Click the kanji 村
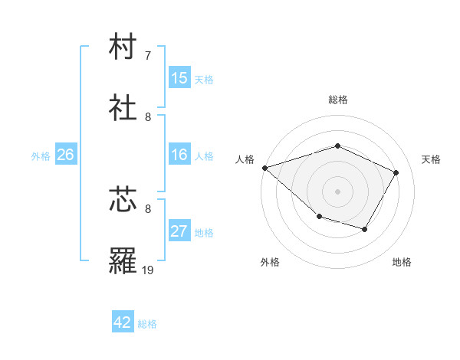[123, 47]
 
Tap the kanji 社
[123, 108]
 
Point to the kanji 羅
[123, 260]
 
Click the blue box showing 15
[179, 78]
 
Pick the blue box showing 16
[179, 155]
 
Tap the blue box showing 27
[179, 231]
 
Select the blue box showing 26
[65, 155]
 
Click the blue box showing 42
[123, 322]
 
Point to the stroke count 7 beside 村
[148, 56]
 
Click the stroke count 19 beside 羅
[148, 270]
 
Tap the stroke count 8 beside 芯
[148, 208]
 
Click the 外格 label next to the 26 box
[41, 155]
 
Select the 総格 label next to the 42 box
[147, 323]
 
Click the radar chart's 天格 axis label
[432, 159]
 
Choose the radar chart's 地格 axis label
[402, 262]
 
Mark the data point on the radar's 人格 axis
[264, 168]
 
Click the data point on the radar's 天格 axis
[396, 172]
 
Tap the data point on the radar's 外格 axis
[319, 218]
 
